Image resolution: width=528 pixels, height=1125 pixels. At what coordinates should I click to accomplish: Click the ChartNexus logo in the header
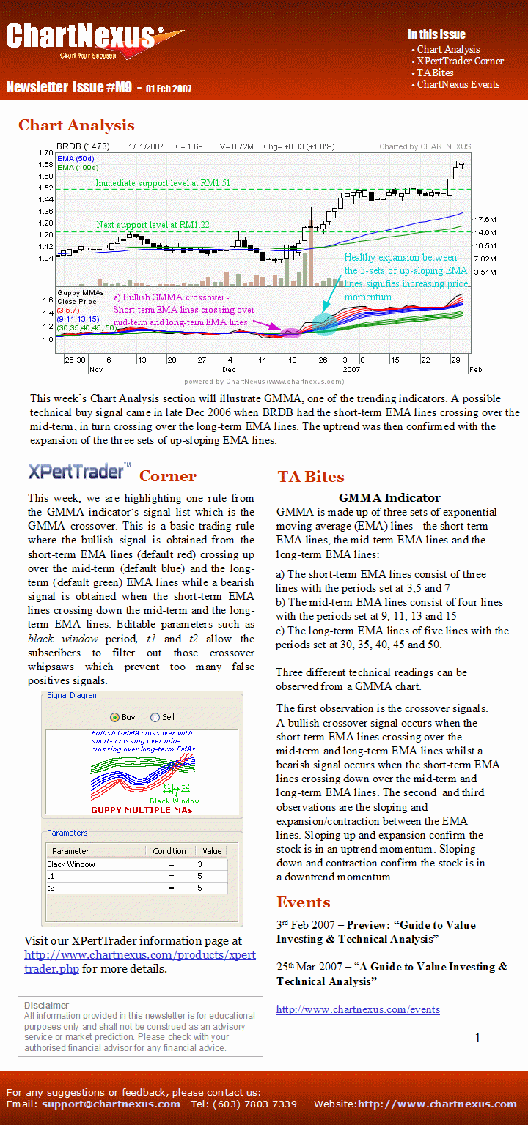coord(92,40)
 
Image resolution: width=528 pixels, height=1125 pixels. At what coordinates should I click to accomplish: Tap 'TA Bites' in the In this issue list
coord(435,73)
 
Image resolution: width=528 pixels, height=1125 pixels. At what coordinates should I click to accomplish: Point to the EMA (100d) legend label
coord(77,168)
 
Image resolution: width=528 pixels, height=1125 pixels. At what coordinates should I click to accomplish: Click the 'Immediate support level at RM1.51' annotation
coord(163,182)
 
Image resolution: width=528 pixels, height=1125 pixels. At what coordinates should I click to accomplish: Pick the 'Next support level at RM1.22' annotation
coord(153,224)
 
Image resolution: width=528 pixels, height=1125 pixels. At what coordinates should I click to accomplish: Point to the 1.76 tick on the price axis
coord(45,152)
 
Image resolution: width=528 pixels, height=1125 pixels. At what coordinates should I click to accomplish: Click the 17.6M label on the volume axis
coord(485,220)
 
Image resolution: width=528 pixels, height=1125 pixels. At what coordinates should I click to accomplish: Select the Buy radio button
coord(114,717)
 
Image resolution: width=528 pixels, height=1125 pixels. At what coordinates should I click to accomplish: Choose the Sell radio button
coord(155,717)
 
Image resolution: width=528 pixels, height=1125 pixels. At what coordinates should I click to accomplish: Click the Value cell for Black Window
coord(212,864)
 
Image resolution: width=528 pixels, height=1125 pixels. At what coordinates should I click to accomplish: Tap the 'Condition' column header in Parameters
coord(169,851)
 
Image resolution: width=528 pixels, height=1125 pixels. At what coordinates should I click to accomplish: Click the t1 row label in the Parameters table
coord(51,876)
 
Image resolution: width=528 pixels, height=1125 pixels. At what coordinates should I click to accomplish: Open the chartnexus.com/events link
coord(358,1009)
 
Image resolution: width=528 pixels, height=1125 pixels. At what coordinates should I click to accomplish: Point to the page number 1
coord(478,1038)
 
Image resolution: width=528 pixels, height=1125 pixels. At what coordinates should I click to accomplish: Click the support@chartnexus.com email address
coord(111,1104)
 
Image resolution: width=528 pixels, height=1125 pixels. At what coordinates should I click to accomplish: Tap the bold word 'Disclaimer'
coord(46,1005)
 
